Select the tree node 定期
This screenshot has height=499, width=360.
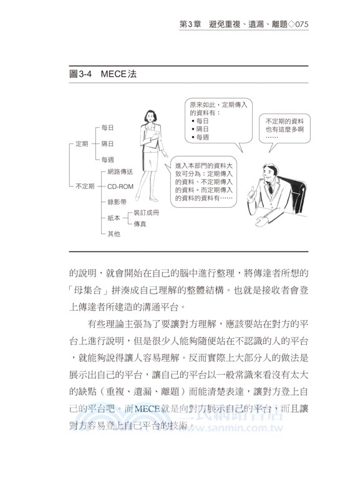click(82, 143)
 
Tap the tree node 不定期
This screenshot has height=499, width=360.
click(84, 186)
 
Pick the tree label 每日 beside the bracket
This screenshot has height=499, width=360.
click(107, 127)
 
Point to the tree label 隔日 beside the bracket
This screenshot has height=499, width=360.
click(107, 143)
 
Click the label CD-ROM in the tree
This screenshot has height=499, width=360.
click(120, 186)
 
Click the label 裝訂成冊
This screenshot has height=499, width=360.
click(146, 213)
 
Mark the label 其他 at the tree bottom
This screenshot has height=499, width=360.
click(114, 233)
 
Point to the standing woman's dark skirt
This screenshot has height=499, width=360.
click(150, 159)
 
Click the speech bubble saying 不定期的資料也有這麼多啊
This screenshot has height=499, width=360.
click(284, 128)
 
